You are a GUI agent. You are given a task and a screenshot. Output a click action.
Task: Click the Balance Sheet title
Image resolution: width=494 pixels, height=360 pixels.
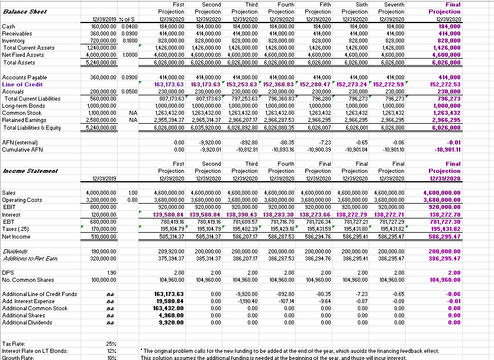coord(24,12)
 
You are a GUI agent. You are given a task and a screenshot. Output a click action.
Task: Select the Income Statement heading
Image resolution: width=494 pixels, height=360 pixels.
coord(29,171)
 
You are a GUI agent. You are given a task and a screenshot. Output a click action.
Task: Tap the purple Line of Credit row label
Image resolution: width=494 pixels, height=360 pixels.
coord(22,85)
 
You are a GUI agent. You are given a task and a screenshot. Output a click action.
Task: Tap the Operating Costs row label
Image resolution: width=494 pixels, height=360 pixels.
coord(22,200)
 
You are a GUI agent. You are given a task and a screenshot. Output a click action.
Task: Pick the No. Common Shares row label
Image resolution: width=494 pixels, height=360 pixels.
coord(28,279)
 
